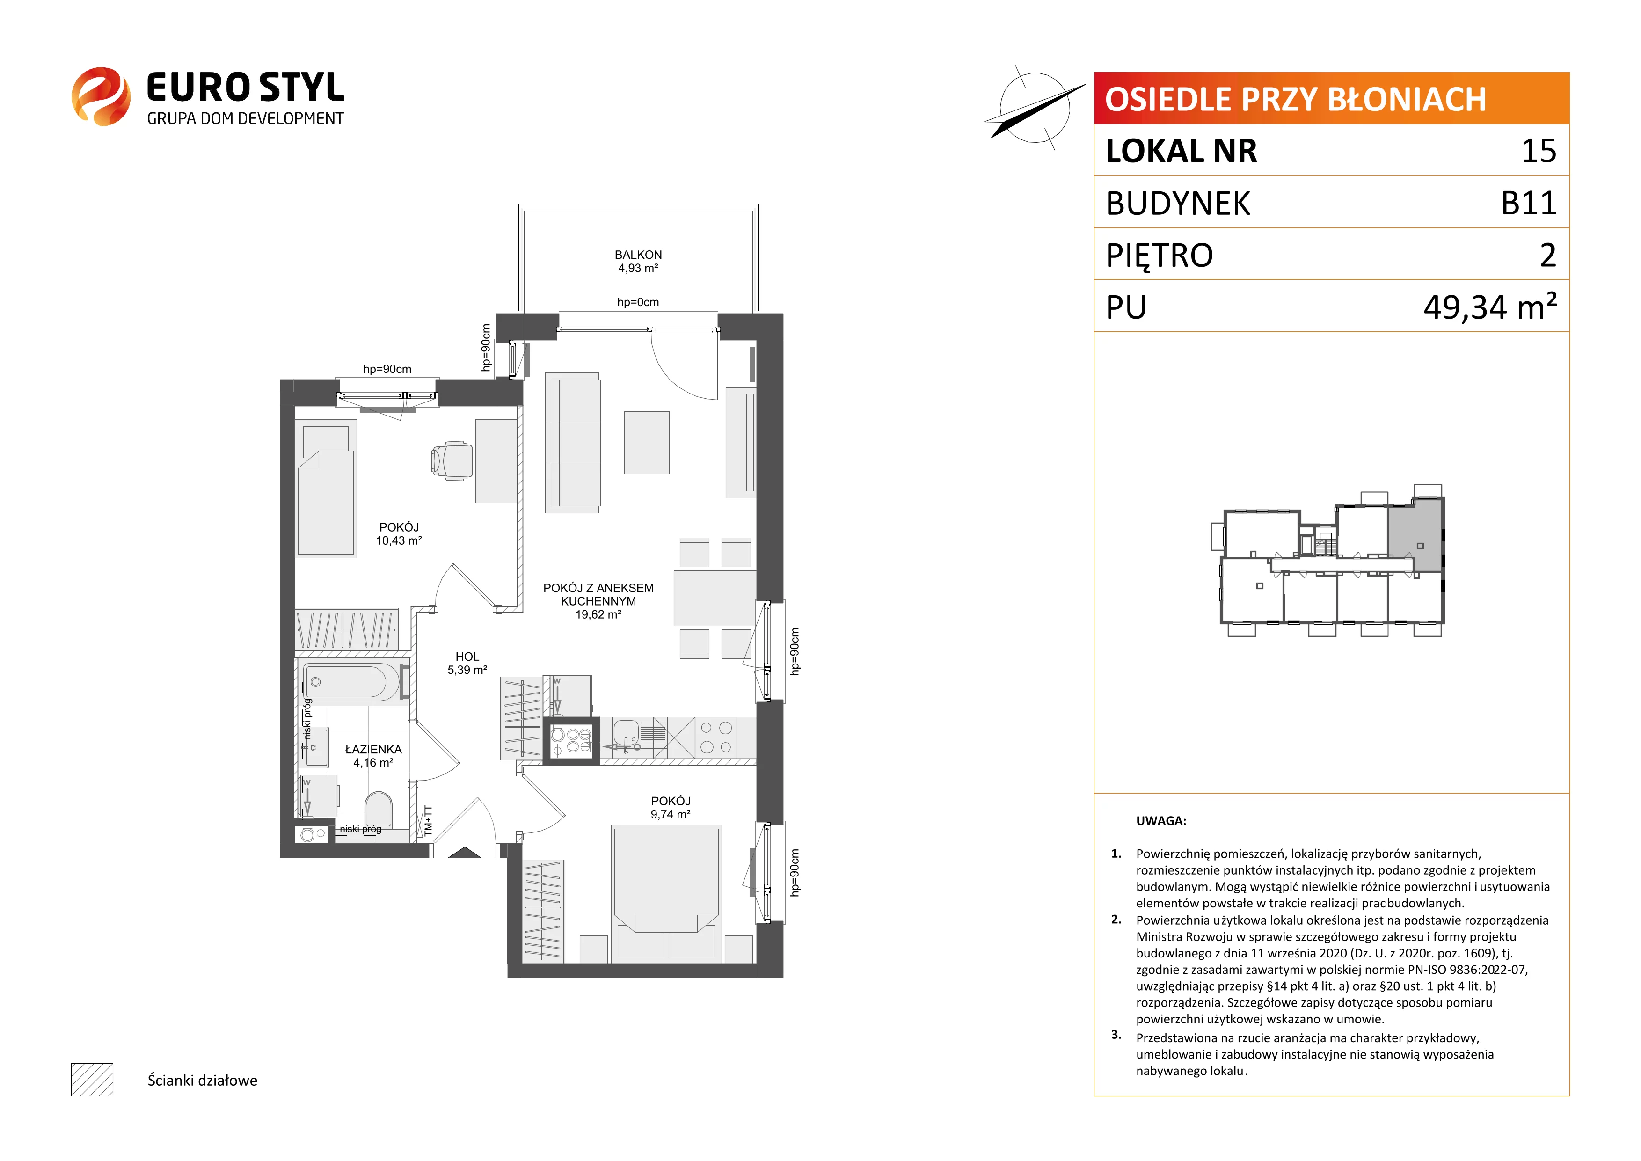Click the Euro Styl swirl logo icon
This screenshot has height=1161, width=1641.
point(101,96)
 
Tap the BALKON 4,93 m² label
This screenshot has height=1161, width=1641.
point(638,262)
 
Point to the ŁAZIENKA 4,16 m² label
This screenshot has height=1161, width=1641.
point(373,756)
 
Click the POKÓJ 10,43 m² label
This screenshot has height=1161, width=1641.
point(399,534)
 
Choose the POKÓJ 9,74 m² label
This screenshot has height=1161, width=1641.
point(671,808)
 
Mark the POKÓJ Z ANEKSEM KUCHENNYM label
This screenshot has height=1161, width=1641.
point(598,595)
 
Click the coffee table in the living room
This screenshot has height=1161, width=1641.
point(647,443)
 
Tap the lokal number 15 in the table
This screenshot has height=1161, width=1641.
point(1539,151)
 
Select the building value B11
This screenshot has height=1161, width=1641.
point(1529,203)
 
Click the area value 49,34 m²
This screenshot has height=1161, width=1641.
point(1490,307)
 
